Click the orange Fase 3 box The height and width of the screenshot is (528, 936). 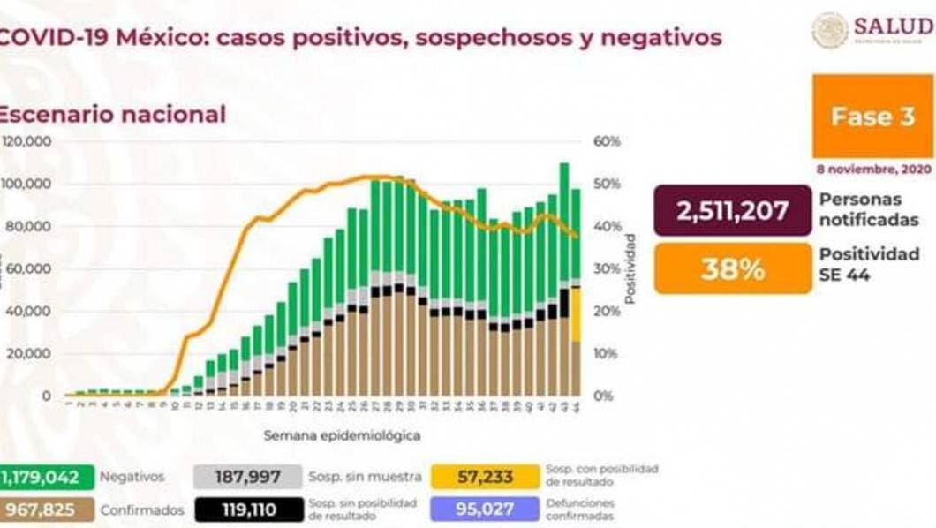click(x=872, y=117)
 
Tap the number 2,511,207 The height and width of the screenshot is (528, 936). click(x=732, y=210)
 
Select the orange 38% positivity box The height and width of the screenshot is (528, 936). click(x=732, y=268)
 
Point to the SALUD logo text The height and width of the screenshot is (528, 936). click(x=894, y=28)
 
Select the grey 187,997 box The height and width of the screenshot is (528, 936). click(x=248, y=478)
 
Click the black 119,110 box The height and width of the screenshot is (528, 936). click(x=248, y=509)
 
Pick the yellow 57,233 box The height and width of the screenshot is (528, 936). click(x=485, y=478)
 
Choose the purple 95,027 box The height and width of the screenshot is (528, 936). click(x=485, y=509)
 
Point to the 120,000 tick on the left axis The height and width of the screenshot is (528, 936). click(x=28, y=141)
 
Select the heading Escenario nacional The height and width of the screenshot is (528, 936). click(x=111, y=114)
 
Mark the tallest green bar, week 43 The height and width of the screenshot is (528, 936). click(x=564, y=221)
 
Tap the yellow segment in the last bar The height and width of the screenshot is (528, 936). click(x=576, y=314)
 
